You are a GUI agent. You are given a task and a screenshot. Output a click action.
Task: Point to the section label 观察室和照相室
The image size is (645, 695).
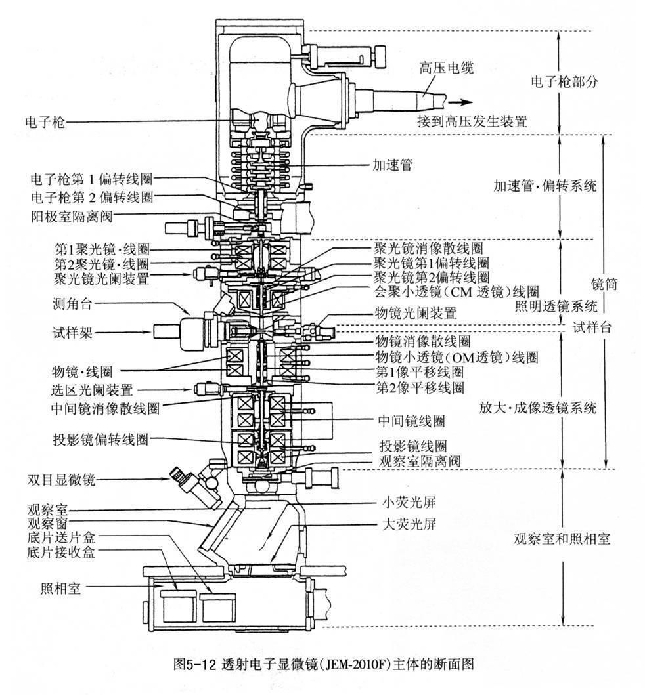click(x=561, y=539)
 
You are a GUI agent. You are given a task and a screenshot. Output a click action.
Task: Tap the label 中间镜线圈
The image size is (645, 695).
click(x=411, y=419)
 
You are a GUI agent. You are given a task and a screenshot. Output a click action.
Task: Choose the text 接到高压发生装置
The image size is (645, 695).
click(x=472, y=121)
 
